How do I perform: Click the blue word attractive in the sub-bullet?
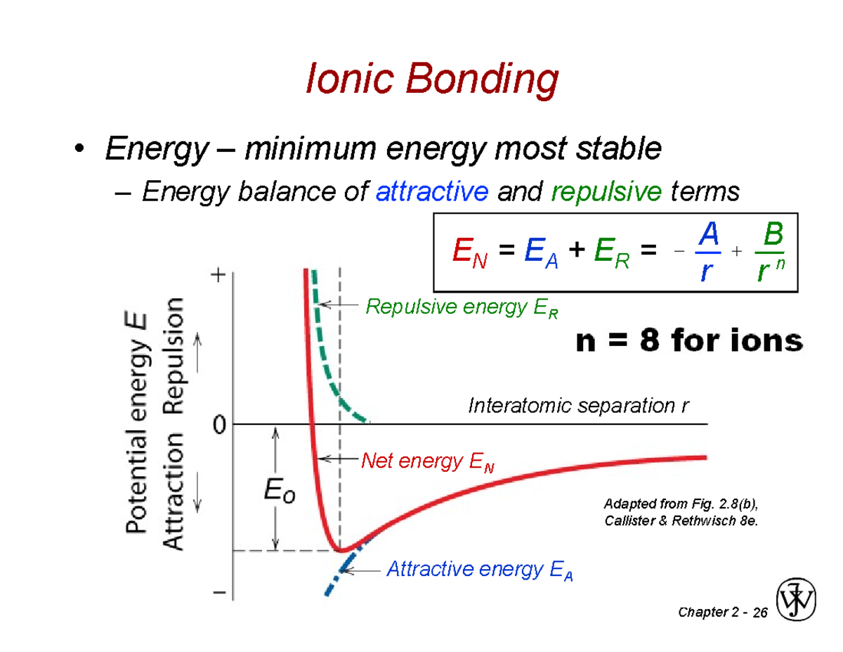[432, 191]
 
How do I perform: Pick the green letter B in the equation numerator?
[773, 236]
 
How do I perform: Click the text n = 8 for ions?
[688, 342]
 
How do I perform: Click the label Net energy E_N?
[429, 462]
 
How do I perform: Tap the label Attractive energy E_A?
[480, 570]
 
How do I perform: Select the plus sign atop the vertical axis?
[219, 276]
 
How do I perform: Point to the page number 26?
[759, 614]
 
